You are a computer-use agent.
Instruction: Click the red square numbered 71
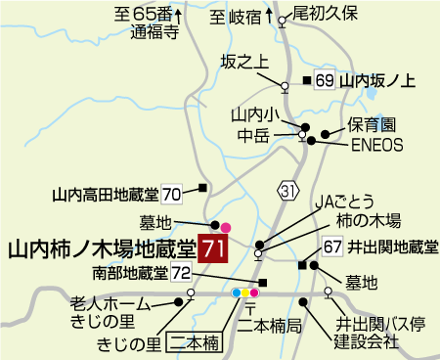point(213,248)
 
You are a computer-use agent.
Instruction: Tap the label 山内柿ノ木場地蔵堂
point(101,249)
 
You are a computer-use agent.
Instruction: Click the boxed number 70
point(172,193)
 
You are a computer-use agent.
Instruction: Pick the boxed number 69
point(326,80)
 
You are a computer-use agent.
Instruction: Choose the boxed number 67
point(333,247)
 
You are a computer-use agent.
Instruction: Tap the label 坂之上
point(244,62)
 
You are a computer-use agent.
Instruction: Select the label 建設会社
point(367,342)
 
